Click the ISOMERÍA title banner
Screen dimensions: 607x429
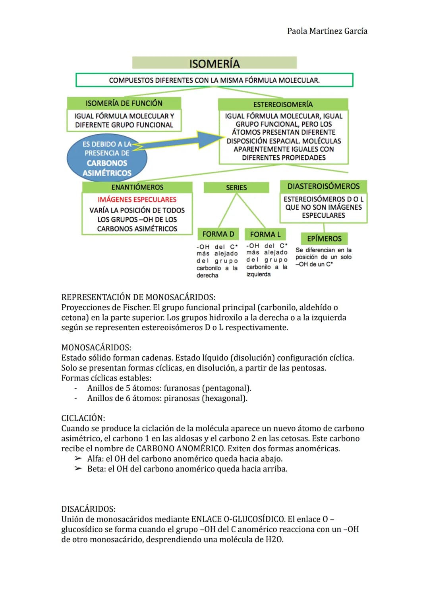click(x=214, y=63)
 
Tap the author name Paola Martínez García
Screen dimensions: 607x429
click(x=327, y=31)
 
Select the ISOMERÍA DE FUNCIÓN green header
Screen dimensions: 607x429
click(x=124, y=103)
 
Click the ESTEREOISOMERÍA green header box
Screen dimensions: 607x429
click(x=283, y=104)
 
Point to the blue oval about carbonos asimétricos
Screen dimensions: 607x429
click(x=106, y=159)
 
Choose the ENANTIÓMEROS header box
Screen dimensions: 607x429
click(x=137, y=187)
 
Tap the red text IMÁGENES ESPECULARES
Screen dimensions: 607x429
click(x=137, y=199)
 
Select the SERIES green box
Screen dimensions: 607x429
click(x=236, y=188)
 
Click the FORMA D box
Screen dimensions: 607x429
click(x=218, y=234)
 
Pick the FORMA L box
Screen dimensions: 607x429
click(x=265, y=234)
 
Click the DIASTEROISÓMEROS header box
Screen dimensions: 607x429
click(x=323, y=186)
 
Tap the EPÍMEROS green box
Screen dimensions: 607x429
click(x=324, y=238)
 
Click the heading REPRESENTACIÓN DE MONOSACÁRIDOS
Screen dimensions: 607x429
click(x=138, y=297)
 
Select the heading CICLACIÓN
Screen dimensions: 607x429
click(x=83, y=418)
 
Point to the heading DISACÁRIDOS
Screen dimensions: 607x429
click(x=88, y=509)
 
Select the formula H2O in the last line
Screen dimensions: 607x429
click(x=274, y=539)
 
